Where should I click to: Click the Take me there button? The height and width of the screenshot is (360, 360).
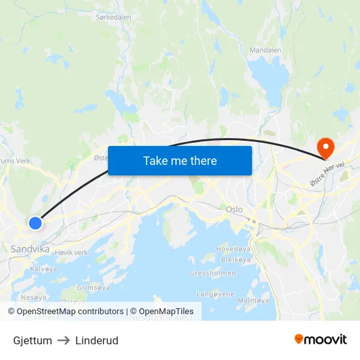[x=180, y=160]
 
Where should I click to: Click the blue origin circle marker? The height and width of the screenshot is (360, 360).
[x=35, y=223]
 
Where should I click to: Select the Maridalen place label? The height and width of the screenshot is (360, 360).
[x=266, y=50]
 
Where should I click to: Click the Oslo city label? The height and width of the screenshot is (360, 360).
[x=234, y=209]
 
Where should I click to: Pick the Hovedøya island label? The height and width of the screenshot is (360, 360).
[x=234, y=249]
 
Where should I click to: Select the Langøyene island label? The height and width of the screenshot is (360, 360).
[x=215, y=294]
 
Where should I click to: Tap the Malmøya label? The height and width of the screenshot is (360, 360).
[x=253, y=300]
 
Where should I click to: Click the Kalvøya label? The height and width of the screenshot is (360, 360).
[x=44, y=269]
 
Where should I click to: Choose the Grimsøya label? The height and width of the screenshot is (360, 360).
[x=93, y=287]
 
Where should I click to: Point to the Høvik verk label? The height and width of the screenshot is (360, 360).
[x=71, y=253]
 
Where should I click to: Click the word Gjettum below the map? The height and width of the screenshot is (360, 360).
[x=33, y=340]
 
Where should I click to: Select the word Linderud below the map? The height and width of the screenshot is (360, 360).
[x=97, y=340]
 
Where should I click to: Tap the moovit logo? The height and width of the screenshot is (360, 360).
[x=320, y=339]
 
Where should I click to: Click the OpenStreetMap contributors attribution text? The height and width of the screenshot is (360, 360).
[x=70, y=312]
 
